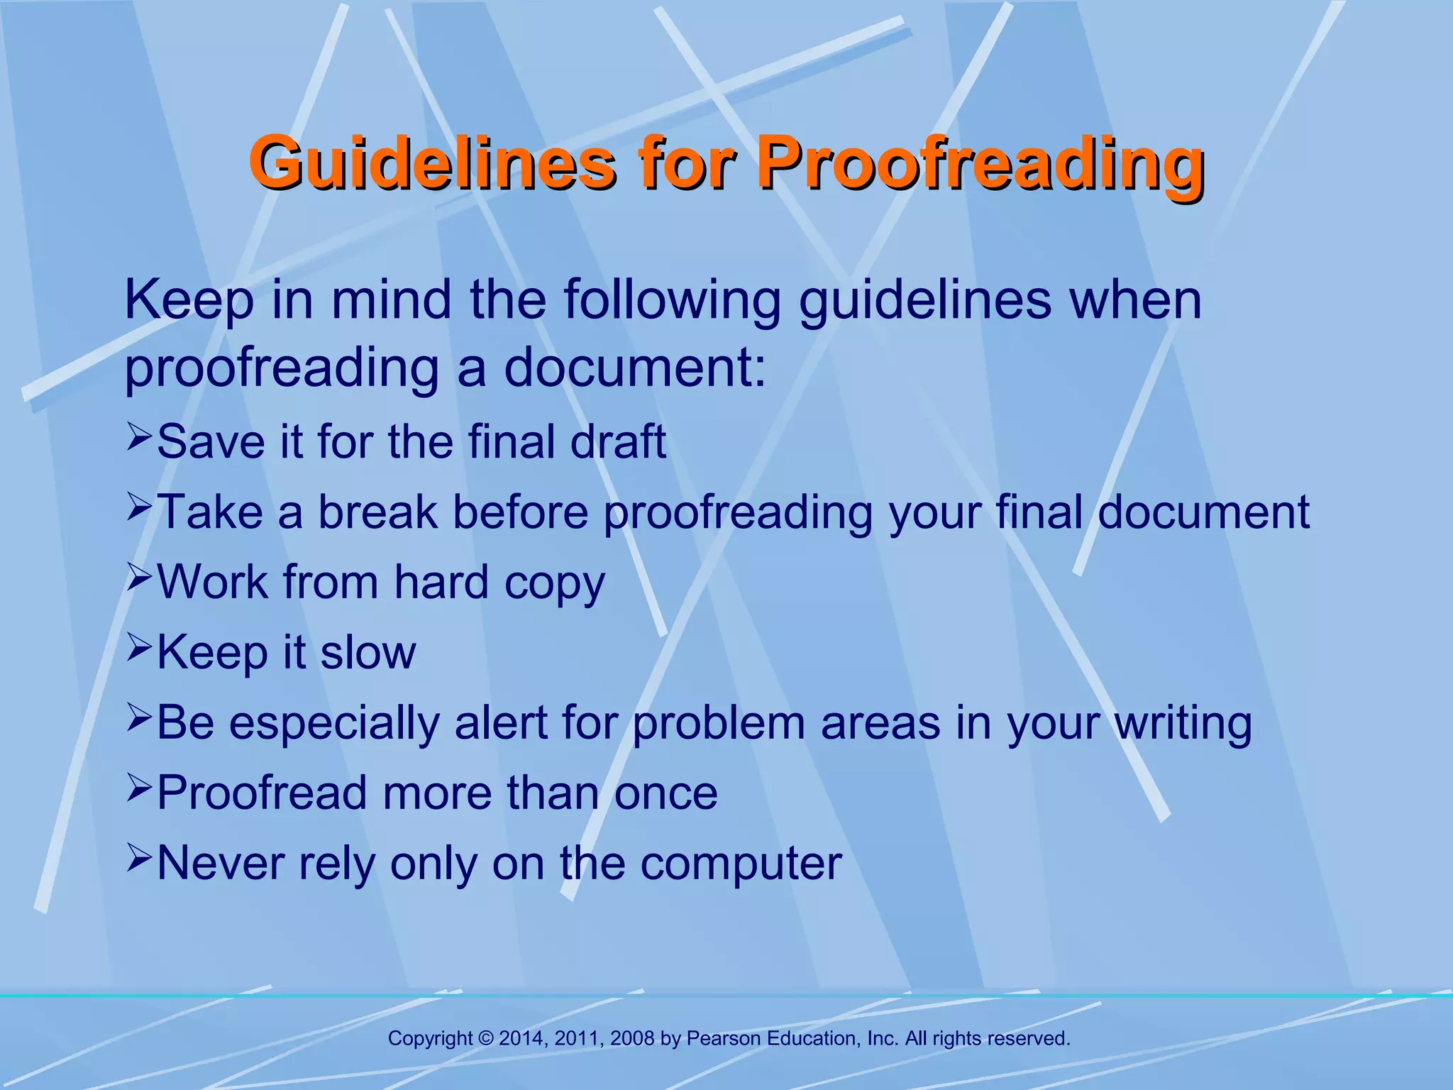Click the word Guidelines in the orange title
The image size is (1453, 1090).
pos(432,163)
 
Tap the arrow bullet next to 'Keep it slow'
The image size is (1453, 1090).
pos(139,647)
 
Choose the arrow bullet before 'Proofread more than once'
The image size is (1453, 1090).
pos(139,788)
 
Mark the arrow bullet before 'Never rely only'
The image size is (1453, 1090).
pos(139,858)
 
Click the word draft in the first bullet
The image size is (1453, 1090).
pos(618,441)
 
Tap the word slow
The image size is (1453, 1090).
pos(368,652)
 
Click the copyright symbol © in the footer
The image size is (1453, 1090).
pos(486,1039)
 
